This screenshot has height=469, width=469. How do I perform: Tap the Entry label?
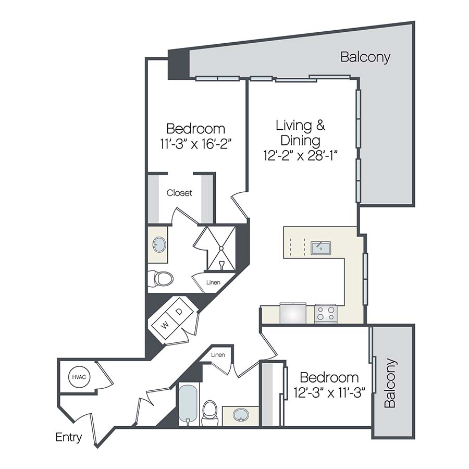click(x=69, y=437)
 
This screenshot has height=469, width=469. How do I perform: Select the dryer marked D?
click(x=179, y=312)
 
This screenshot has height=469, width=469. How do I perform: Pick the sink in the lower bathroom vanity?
click(x=240, y=415)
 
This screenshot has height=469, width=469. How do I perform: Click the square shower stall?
click(x=220, y=248)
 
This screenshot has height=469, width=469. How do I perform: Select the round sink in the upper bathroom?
click(x=158, y=243)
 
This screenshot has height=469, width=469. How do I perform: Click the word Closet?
click(x=179, y=193)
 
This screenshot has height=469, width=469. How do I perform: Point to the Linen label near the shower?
click(x=213, y=282)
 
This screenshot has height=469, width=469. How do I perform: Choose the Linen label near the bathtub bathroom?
click(x=218, y=355)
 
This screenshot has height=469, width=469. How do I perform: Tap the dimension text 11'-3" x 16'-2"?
click(x=195, y=144)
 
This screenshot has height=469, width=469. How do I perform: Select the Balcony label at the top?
click(x=365, y=57)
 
